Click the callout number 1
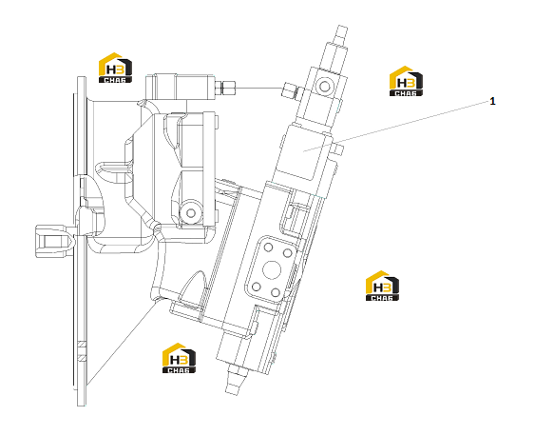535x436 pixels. (x=492, y=101)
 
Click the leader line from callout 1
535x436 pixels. (x=396, y=126)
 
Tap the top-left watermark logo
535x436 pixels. (x=115, y=68)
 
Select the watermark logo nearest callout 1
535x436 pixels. (x=406, y=81)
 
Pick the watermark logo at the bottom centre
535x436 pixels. (x=180, y=358)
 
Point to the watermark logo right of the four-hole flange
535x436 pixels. (x=382, y=286)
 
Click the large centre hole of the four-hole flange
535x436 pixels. (x=272, y=269)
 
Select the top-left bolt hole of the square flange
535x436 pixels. (x=269, y=248)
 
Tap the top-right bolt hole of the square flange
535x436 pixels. (x=288, y=253)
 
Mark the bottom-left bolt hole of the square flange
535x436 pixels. (x=257, y=287)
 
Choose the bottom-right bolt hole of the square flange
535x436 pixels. (x=275, y=292)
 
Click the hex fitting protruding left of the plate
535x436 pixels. (x=54, y=241)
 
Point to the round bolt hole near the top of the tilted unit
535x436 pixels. (x=324, y=86)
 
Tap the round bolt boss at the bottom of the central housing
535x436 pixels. (x=191, y=213)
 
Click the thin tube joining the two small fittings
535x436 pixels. (x=259, y=89)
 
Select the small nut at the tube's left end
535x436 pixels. (x=225, y=88)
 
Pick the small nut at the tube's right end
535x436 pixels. (x=290, y=91)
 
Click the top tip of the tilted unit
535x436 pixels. (x=343, y=27)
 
